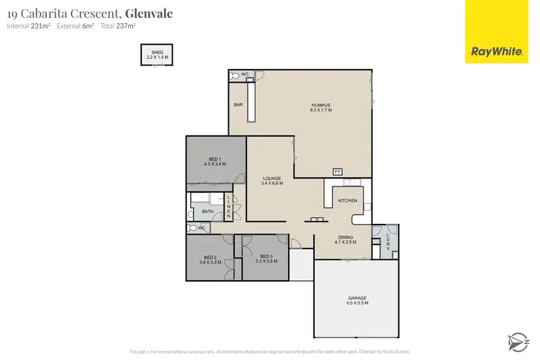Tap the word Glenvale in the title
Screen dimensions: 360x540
[x=149, y=13]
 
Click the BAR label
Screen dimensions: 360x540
[x=238, y=105]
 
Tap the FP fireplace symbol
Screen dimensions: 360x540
[x=336, y=171]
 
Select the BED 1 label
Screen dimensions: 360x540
[x=215, y=158]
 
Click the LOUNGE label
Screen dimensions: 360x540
[x=271, y=178]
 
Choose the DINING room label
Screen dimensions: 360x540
[x=346, y=237]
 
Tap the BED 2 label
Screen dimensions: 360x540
[x=210, y=257]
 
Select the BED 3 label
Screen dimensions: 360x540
[x=266, y=257]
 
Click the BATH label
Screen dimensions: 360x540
[x=207, y=212]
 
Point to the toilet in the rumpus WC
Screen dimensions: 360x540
[x=235, y=75]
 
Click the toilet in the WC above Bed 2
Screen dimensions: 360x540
[x=192, y=228]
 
